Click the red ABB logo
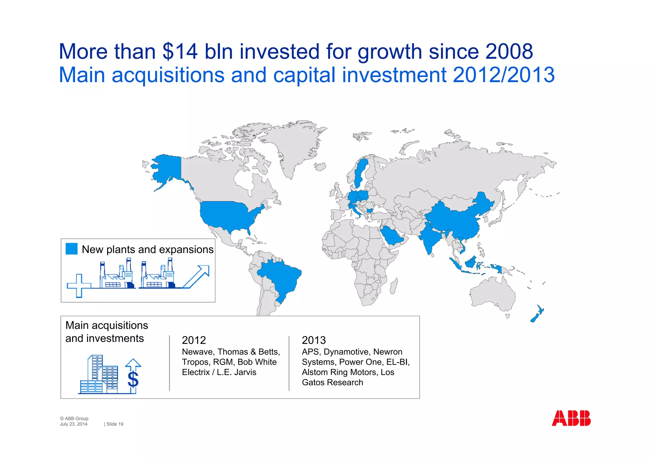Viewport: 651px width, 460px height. (x=571, y=418)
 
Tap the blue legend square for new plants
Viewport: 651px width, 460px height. (x=72, y=249)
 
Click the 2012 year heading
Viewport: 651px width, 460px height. (x=194, y=340)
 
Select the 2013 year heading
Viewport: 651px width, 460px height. (x=314, y=340)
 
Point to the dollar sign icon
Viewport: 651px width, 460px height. (x=133, y=379)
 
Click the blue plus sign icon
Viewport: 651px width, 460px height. (x=79, y=285)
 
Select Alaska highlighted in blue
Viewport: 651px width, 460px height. (x=167, y=168)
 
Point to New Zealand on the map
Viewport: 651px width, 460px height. (x=537, y=315)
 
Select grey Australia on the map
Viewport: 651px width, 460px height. (x=493, y=294)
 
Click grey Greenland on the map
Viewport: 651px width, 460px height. (x=296, y=146)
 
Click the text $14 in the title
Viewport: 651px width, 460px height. (x=180, y=51)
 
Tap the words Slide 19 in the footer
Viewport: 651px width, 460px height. (x=115, y=424)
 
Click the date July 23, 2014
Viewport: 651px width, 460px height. (x=73, y=424)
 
